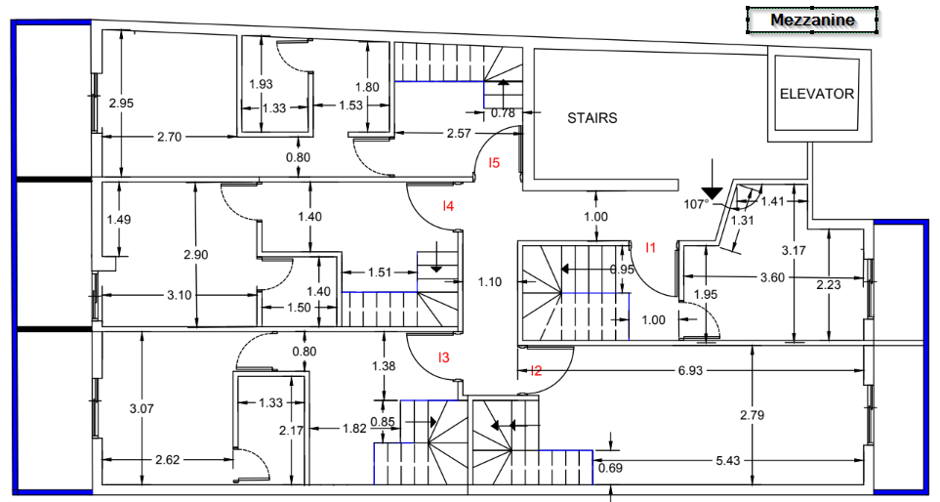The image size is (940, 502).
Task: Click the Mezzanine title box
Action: click(812, 21)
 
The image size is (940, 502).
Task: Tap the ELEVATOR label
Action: click(817, 95)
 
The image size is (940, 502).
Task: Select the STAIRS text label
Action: click(593, 118)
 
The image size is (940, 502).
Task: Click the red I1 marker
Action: click(651, 247)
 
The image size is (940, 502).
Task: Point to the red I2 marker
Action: click(535, 370)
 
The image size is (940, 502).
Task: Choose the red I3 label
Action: click(443, 357)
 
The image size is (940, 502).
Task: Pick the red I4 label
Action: click(448, 205)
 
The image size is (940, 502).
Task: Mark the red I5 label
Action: click(495, 163)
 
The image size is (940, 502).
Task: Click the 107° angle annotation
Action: click(695, 205)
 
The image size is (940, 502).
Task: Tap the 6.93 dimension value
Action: click(689, 371)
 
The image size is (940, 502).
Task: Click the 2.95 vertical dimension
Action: click(120, 103)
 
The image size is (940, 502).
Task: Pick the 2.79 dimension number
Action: click(752, 415)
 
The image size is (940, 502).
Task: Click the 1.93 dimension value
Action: click(261, 84)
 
